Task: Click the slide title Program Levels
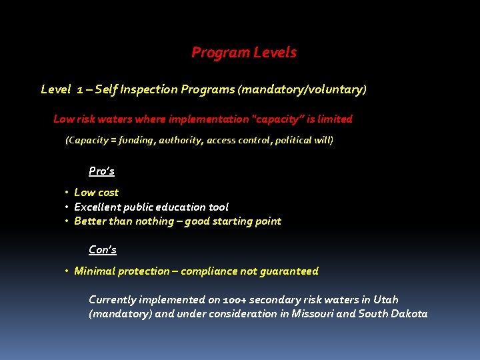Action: click(244, 53)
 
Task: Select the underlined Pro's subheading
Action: click(101, 171)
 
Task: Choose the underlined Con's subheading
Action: click(103, 250)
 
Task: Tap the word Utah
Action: click(385, 300)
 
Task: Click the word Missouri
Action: click(311, 314)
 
